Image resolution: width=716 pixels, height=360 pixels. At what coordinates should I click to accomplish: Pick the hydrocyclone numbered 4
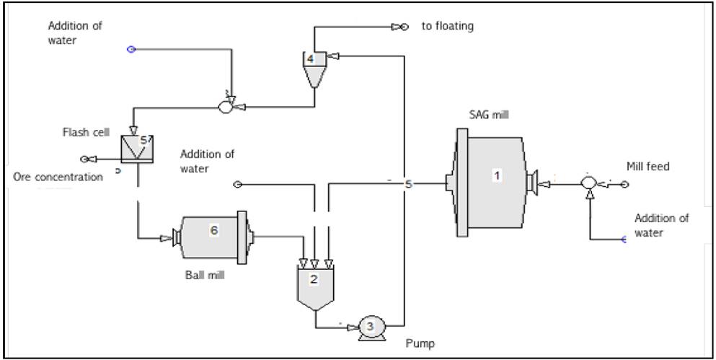click(x=311, y=66)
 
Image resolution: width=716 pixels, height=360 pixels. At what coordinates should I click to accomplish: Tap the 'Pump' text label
click(x=420, y=343)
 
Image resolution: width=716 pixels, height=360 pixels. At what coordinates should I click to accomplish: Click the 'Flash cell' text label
click(x=85, y=132)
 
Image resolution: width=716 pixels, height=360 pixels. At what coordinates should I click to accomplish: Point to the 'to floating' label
click(x=448, y=27)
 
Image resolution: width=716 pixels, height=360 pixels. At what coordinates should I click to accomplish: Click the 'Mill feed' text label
click(x=648, y=167)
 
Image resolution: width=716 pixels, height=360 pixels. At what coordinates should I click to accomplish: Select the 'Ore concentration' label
click(x=58, y=176)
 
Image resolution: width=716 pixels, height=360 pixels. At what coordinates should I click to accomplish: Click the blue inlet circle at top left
click(x=131, y=49)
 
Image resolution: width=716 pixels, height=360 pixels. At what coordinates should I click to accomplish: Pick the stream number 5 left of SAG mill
click(x=408, y=185)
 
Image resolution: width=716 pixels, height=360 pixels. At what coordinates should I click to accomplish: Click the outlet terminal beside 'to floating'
click(x=407, y=27)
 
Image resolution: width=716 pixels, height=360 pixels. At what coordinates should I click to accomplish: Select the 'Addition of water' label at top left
click(x=75, y=33)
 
